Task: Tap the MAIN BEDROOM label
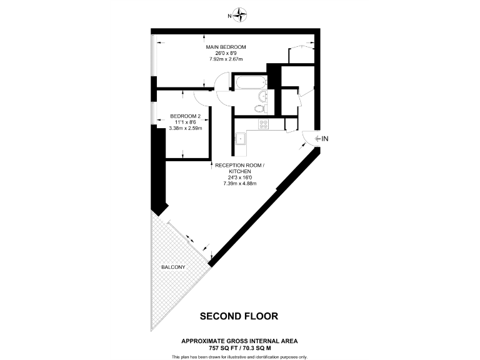[226, 47]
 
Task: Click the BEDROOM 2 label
[185, 116]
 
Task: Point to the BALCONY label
[172, 267]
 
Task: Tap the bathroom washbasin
[262, 96]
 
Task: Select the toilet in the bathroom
[260, 109]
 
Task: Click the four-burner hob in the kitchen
[263, 124]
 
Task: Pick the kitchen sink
[240, 138]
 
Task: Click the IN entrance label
[324, 137]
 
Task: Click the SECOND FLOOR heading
[238, 316]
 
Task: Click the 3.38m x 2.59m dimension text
[186, 128]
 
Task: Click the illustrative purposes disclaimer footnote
[239, 356]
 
